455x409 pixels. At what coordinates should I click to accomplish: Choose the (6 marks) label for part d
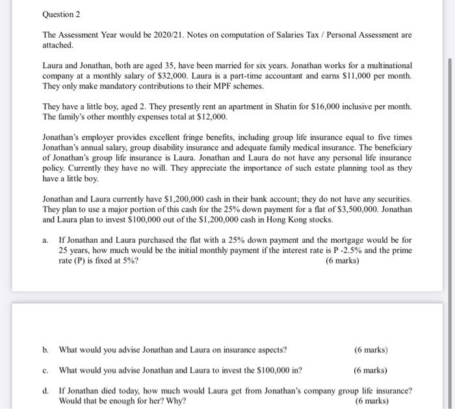point(371,401)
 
